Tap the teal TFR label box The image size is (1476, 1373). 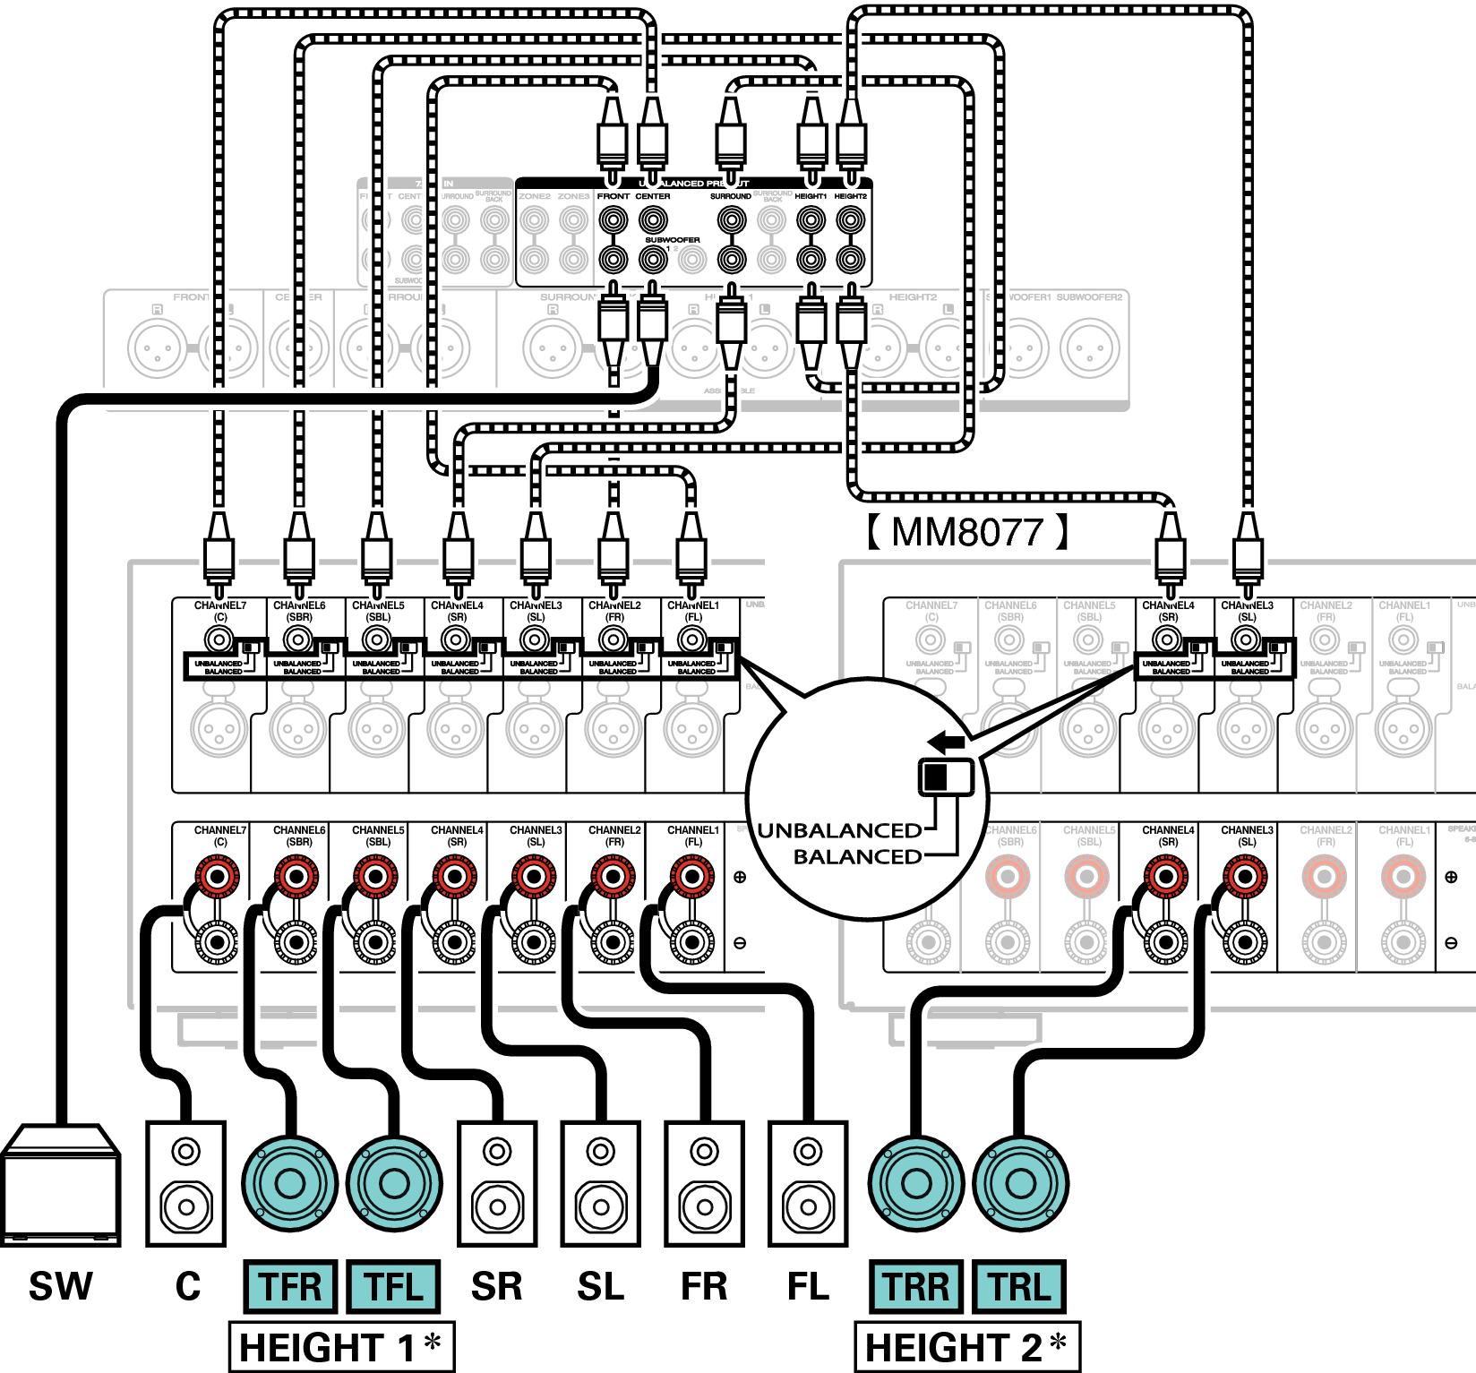click(290, 1286)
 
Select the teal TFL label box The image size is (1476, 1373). click(393, 1286)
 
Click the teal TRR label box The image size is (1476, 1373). click(916, 1286)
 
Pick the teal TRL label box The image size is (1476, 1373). click(1020, 1286)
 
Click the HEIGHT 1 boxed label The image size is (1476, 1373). click(341, 1347)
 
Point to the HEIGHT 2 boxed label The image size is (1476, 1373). click(967, 1347)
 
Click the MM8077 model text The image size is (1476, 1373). click(967, 532)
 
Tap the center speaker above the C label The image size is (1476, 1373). click(185, 1183)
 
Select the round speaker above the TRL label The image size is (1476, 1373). click(1020, 1183)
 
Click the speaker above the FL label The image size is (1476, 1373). click(808, 1183)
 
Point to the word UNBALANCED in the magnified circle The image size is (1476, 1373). click(839, 831)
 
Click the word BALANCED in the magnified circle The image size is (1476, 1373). click(857, 857)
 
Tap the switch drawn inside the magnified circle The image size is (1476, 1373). click(946, 777)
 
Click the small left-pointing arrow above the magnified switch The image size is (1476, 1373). click(947, 742)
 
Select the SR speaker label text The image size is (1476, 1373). click(497, 1286)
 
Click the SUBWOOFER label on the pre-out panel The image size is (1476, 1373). click(673, 240)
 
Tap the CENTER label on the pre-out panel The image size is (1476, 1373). click(653, 196)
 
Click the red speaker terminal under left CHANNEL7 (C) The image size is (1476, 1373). click(218, 876)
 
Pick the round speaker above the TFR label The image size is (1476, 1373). click(290, 1183)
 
